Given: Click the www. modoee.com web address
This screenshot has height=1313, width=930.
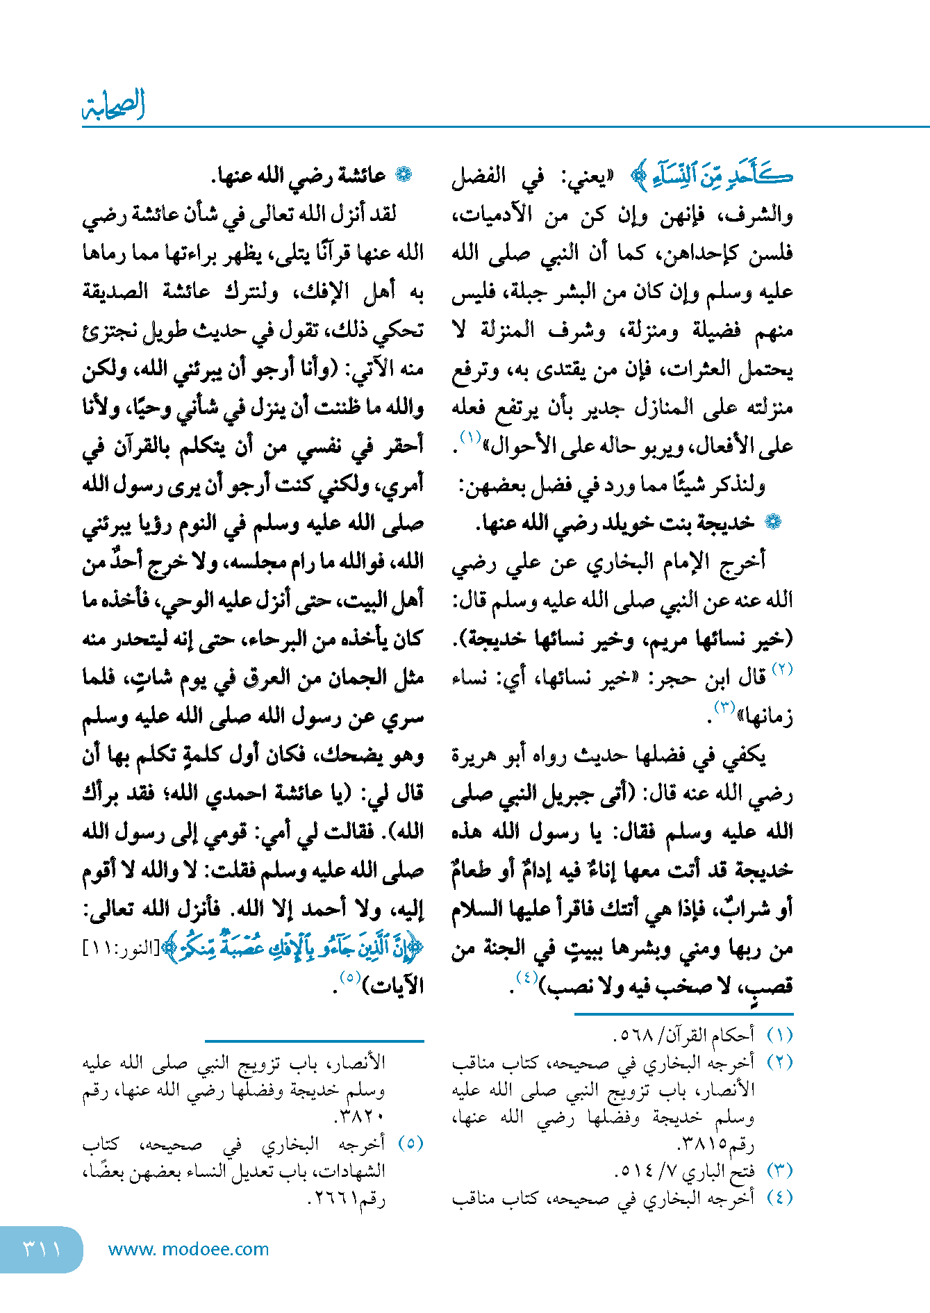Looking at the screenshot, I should coord(188,1249).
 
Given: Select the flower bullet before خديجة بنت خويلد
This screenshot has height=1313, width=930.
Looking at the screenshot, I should coord(772,522).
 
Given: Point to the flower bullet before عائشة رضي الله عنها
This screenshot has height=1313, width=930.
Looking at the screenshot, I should coord(403,175).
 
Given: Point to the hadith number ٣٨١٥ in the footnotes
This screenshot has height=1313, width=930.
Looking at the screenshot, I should coord(701,1143).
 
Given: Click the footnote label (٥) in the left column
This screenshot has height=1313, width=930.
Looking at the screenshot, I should coord(410,1143).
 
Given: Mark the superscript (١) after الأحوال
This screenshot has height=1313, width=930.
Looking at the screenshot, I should coord(470,438).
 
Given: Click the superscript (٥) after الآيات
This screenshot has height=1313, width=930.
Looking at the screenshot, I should coord(349,977).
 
